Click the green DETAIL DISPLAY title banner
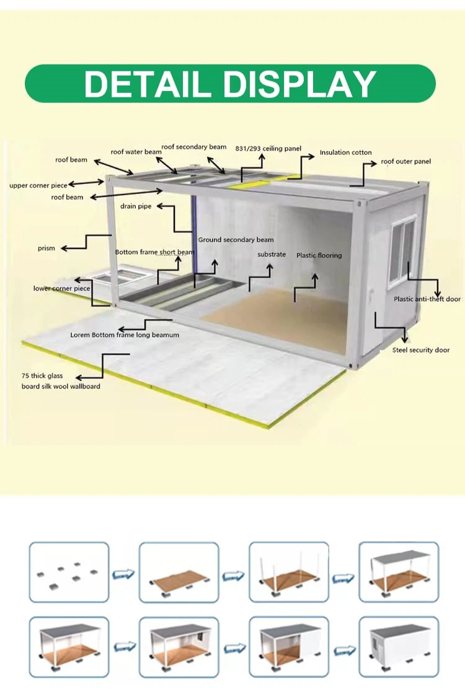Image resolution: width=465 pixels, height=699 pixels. click(x=230, y=84)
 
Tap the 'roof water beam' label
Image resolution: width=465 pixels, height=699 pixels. click(x=136, y=152)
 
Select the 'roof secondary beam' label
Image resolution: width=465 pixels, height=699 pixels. click(x=193, y=147)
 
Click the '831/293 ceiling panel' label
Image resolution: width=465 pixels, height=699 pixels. click(x=268, y=149)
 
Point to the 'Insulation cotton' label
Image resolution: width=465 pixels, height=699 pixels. click(x=345, y=152)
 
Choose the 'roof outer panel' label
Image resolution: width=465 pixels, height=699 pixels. click(x=405, y=161)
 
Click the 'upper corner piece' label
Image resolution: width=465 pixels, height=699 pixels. click(x=38, y=185)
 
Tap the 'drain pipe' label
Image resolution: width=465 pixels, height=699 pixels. click(x=136, y=206)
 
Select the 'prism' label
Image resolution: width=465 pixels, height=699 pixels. click(x=46, y=248)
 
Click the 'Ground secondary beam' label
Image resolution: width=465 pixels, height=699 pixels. click(x=236, y=240)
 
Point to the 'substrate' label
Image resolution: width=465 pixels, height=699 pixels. click(x=272, y=255)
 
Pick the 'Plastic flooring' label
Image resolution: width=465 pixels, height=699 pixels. click(x=319, y=255)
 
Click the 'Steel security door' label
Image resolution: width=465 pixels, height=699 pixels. click(x=421, y=350)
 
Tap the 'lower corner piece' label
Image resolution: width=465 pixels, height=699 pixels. click(x=61, y=288)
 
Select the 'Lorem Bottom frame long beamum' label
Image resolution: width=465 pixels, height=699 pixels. click(x=125, y=335)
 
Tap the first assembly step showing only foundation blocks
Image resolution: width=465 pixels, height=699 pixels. click(x=69, y=572)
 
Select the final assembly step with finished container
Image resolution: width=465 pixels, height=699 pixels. click(x=399, y=647)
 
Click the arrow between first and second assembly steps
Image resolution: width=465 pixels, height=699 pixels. click(x=124, y=574)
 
